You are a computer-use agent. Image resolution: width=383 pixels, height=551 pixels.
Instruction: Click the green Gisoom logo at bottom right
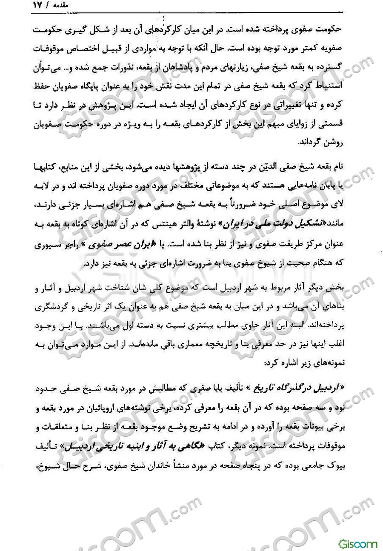[x=358, y=541]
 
